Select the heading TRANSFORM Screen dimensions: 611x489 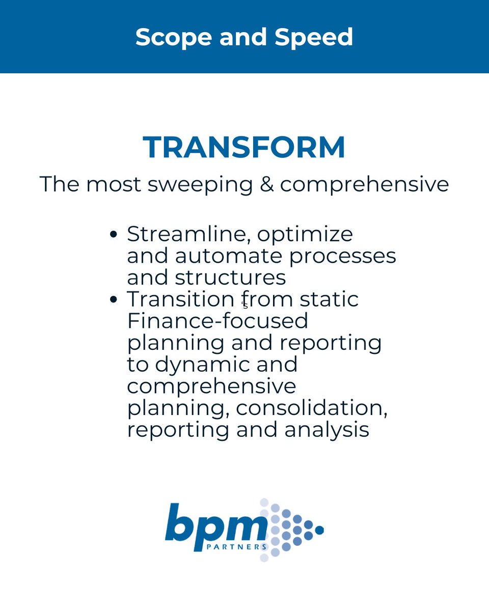click(x=244, y=147)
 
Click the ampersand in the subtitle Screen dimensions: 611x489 click(x=266, y=184)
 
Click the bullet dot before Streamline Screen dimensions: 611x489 click(x=114, y=235)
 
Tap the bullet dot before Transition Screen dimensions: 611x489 click(x=114, y=299)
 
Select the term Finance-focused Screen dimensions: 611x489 click(x=218, y=321)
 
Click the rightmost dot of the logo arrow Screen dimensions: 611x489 click(x=319, y=530)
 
